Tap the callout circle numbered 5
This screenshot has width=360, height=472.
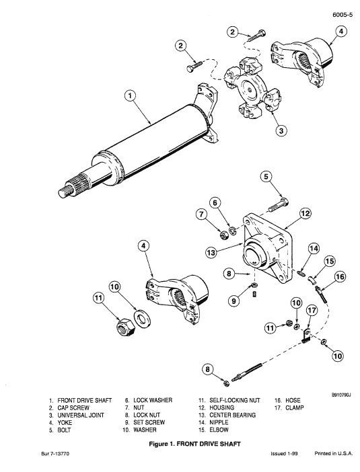(266, 177)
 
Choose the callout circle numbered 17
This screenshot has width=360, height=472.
(312, 311)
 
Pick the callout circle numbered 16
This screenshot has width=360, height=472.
(340, 276)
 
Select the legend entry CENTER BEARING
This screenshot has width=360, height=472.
(227, 416)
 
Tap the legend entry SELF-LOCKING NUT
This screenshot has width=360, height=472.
(228, 400)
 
